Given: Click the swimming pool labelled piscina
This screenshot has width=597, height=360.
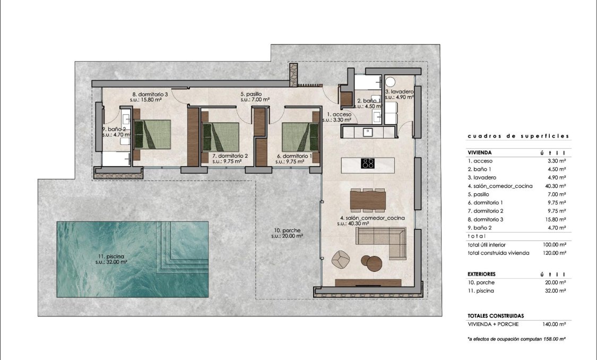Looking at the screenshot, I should (133, 259).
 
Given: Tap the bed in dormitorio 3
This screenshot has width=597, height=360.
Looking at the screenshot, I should (152, 134).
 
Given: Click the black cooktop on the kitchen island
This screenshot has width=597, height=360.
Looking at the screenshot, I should (368, 164).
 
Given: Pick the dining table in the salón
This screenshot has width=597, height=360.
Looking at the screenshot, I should (368, 200).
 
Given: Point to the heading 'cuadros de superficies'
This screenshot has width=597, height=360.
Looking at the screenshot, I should (518, 136).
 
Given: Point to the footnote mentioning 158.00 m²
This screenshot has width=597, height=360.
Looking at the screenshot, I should (516, 338).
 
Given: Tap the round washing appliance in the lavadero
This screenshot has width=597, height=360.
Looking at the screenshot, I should (391, 82).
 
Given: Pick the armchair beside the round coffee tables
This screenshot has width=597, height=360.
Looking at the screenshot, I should (341, 259).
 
